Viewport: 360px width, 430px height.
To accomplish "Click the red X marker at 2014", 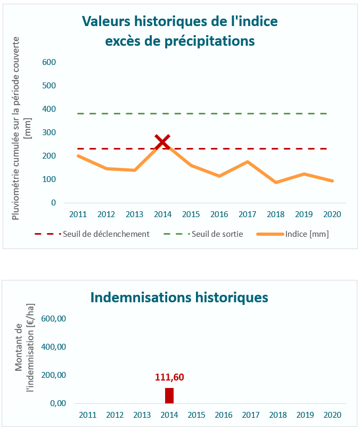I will pos(162,142).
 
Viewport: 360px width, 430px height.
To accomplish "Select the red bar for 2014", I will pos(169,395).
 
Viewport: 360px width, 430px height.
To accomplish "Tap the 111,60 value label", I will pos(169,377).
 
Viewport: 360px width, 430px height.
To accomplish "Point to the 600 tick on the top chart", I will pos(50,62).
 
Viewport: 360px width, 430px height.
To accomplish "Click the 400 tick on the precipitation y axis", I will pos(50,109).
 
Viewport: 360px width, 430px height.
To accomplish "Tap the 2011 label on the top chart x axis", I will pos(78,214).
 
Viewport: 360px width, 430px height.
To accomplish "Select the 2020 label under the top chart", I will pos(332,214).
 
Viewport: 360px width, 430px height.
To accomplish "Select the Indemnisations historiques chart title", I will pos(179,297).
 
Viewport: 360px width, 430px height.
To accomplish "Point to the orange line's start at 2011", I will pos(78,156).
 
